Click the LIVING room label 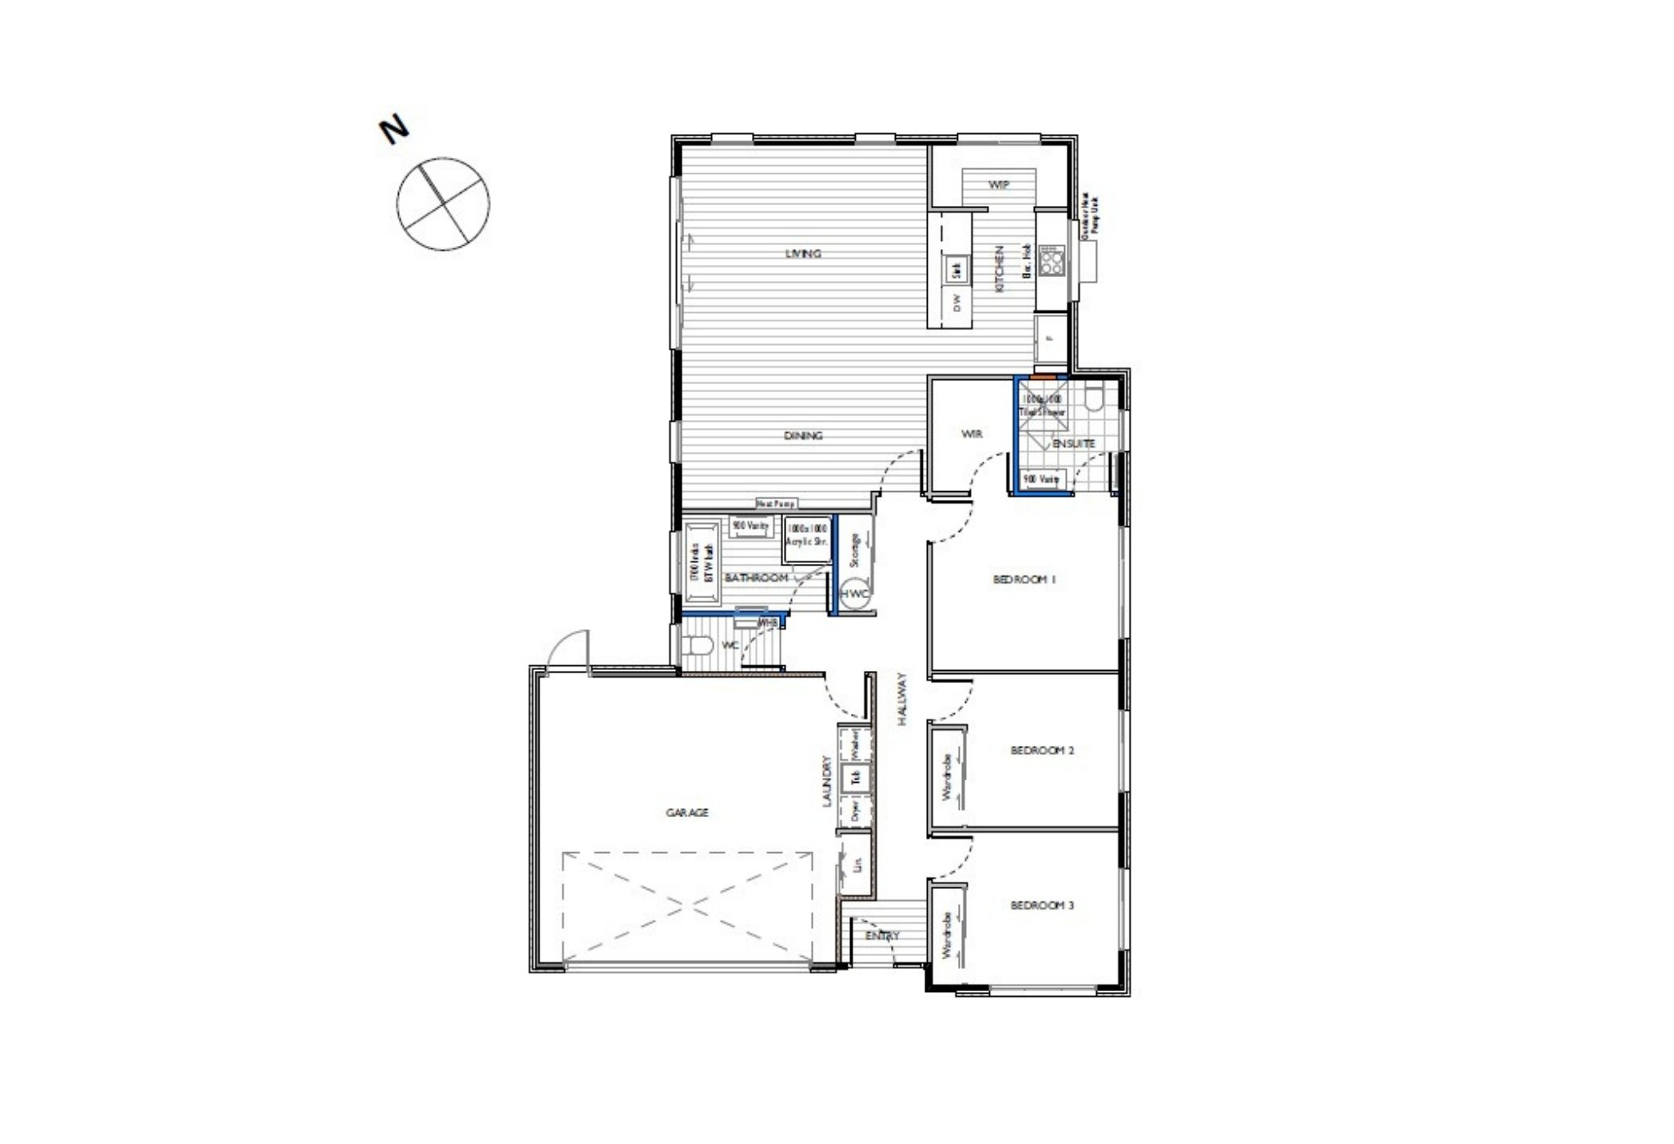[803, 253]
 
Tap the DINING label [803, 436]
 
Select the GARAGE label [687, 812]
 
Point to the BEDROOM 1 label [1024, 579]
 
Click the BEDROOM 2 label [1041, 750]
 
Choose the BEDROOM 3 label [1041, 905]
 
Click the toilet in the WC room [697, 646]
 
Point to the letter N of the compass [394, 130]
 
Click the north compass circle [443, 203]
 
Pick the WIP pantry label [999, 185]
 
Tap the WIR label [971, 434]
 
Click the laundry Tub [856, 777]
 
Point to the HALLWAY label [902, 699]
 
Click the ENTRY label [882, 936]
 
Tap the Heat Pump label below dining [775, 504]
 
